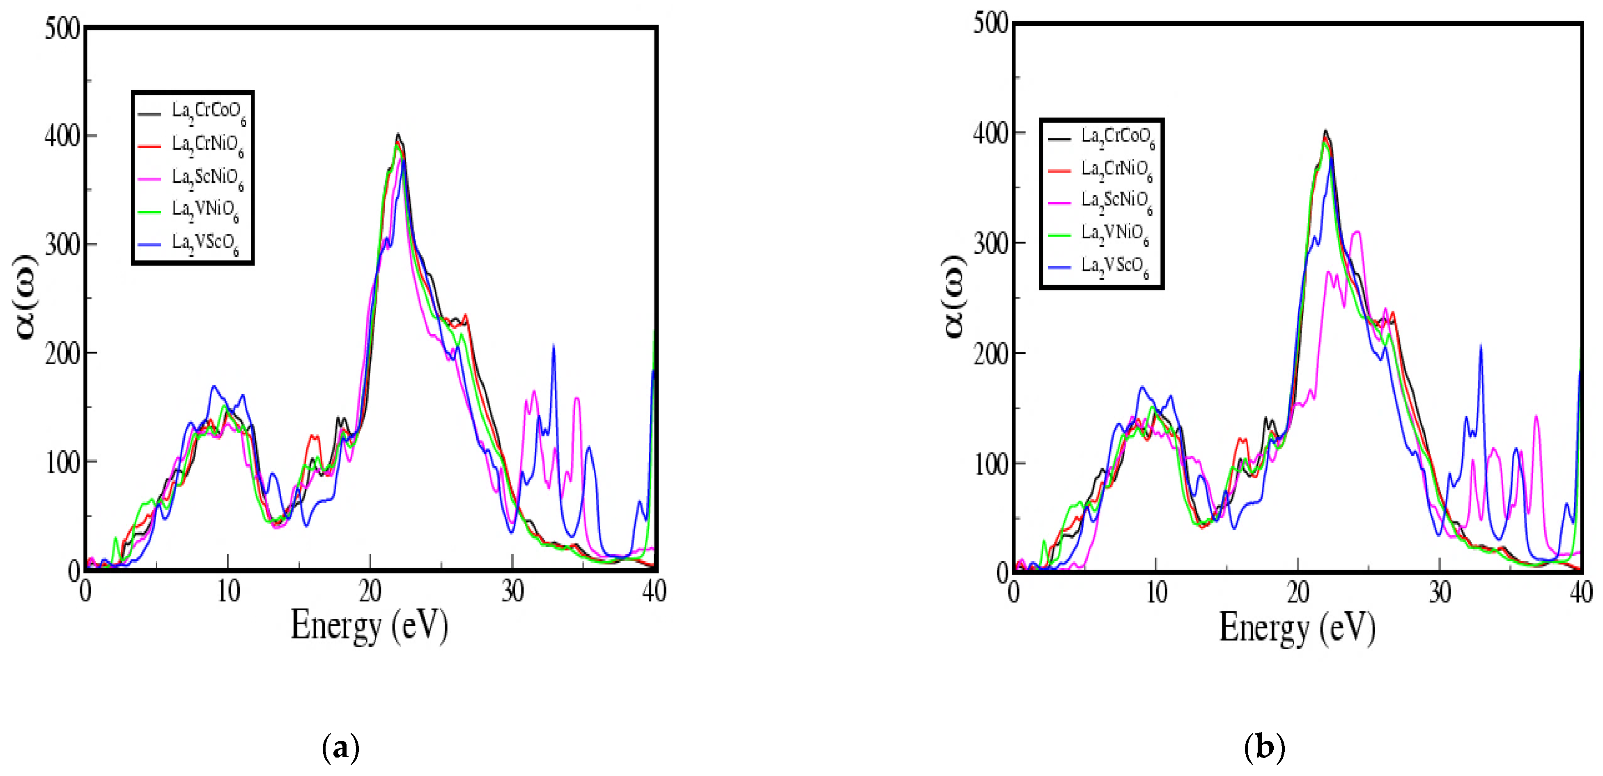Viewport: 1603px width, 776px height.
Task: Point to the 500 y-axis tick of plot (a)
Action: point(62,29)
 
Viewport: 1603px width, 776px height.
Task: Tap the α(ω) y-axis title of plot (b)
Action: point(953,296)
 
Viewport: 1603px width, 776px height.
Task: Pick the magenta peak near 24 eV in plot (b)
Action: point(1357,233)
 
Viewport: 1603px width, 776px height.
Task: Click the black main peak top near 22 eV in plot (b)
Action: point(1325,131)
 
